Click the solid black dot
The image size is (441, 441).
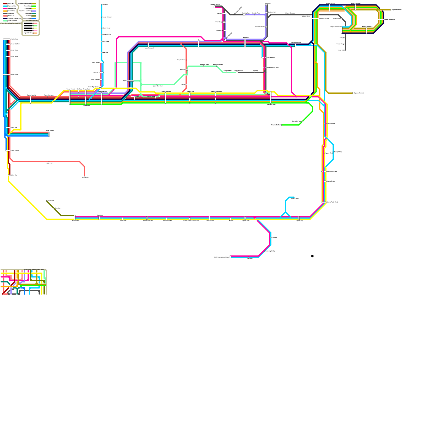tap(312, 256)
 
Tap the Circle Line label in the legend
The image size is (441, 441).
tap(28, 9)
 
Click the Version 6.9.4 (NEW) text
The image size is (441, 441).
tap(31, 21)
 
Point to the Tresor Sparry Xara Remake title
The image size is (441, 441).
tap(11, 23)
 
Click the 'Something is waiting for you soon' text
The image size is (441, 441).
tap(34, 269)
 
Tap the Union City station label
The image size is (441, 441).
tap(14, 175)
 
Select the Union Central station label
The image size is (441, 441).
tap(15, 150)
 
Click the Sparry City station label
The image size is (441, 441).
tap(300, 221)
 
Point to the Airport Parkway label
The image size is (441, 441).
tap(324, 18)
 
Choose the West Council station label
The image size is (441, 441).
tap(210, 221)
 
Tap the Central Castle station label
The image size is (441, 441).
tap(168, 221)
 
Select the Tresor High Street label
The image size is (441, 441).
tap(93, 87)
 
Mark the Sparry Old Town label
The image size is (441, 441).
tap(297, 121)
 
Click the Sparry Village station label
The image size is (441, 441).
tap(338, 152)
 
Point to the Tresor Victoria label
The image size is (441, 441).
tap(50, 131)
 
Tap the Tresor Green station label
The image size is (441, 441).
tap(15, 75)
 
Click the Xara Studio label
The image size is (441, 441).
tap(85, 178)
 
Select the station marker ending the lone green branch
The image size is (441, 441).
tap(282, 125)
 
